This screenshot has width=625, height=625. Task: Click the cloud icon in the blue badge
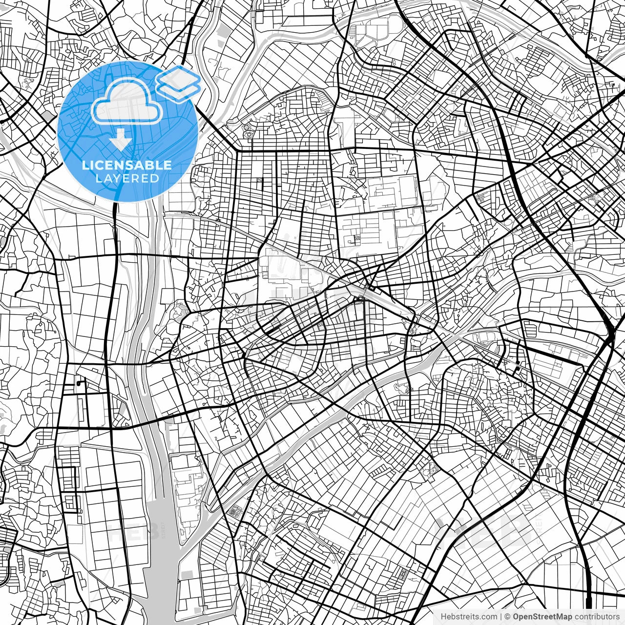[127, 102]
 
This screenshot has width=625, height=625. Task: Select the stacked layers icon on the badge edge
[179, 83]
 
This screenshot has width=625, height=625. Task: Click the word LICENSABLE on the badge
[127, 166]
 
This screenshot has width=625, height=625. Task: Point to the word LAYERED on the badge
[127, 178]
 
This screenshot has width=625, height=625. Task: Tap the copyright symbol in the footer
[508, 617]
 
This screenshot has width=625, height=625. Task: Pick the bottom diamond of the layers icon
[179, 90]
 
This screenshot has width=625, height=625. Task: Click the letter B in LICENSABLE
[155, 166]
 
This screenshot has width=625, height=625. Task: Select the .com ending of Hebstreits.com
[486, 617]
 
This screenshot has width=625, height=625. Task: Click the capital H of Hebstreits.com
[443, 617]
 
